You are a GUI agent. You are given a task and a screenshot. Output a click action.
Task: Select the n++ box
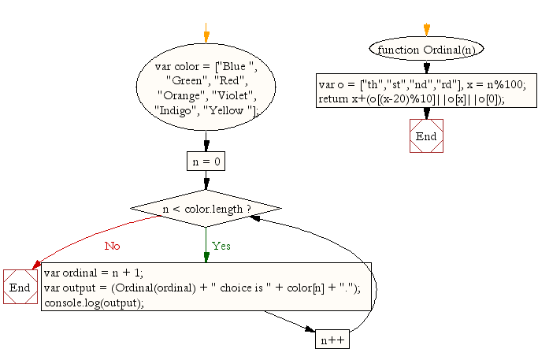(332, 340)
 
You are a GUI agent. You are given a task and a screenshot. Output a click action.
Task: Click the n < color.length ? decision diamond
(206, 209)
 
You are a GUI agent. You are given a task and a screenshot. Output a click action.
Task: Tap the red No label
(113, 245)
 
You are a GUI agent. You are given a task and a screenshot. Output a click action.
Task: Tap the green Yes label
(221, 245)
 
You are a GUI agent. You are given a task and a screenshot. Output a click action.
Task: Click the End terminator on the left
(20, 288)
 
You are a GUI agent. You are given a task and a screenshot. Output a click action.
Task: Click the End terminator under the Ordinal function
(426, 135)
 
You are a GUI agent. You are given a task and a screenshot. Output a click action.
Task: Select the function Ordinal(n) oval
(426, 49)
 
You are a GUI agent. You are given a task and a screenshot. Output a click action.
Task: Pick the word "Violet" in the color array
(229, 96)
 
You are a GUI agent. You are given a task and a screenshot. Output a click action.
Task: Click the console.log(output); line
(94, 302)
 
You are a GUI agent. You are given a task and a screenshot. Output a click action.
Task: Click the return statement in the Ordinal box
(411, 98)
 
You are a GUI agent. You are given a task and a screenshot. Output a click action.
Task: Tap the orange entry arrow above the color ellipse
(206, 37)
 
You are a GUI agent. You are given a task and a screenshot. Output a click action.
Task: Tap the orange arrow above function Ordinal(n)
(426, 31)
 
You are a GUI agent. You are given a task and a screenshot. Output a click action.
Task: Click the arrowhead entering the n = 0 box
(206, 146)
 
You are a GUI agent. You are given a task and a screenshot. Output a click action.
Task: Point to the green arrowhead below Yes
(206, 257)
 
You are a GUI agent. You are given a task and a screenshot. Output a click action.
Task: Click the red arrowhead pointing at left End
(35, 268)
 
